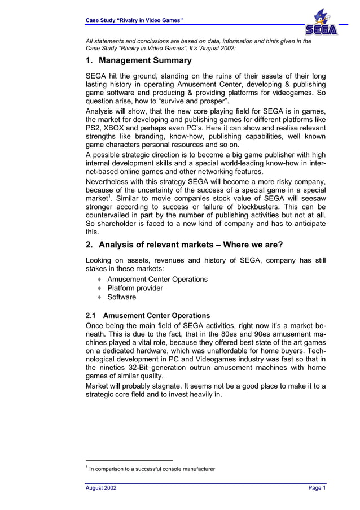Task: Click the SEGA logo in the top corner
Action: pos(321,29)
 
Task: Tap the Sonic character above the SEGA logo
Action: pos(321,16)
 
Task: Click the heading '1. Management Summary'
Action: pos(138,60)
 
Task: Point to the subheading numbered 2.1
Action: pos(147,316)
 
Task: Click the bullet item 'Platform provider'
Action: pos(135,288)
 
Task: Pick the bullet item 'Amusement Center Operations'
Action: pos(157,279)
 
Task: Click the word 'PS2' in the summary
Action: pos(93,129)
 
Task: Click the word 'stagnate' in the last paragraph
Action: pos(164,386)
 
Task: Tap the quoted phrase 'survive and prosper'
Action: pos(190,102)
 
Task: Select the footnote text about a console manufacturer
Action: pos(151,469)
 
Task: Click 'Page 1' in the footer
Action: pos(317,488)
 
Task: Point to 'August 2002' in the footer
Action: pos(101,488)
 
